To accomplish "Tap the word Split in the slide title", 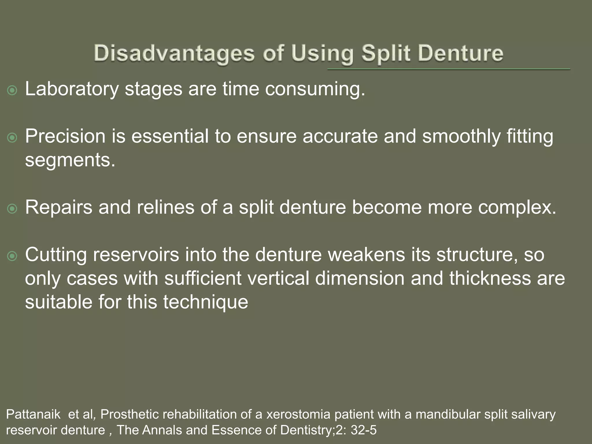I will (386, 54).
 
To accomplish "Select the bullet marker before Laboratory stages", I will (12, 91).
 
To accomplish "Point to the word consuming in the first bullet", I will (315, 89).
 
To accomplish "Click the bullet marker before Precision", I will (12, 138).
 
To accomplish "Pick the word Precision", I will (65, 136).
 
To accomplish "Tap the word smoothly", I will (461, 136).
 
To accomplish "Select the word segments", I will (70, 160).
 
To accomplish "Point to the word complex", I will (517, 207).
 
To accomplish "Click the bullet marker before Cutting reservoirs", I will (12, 256).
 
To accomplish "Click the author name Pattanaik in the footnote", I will (33, 415).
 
